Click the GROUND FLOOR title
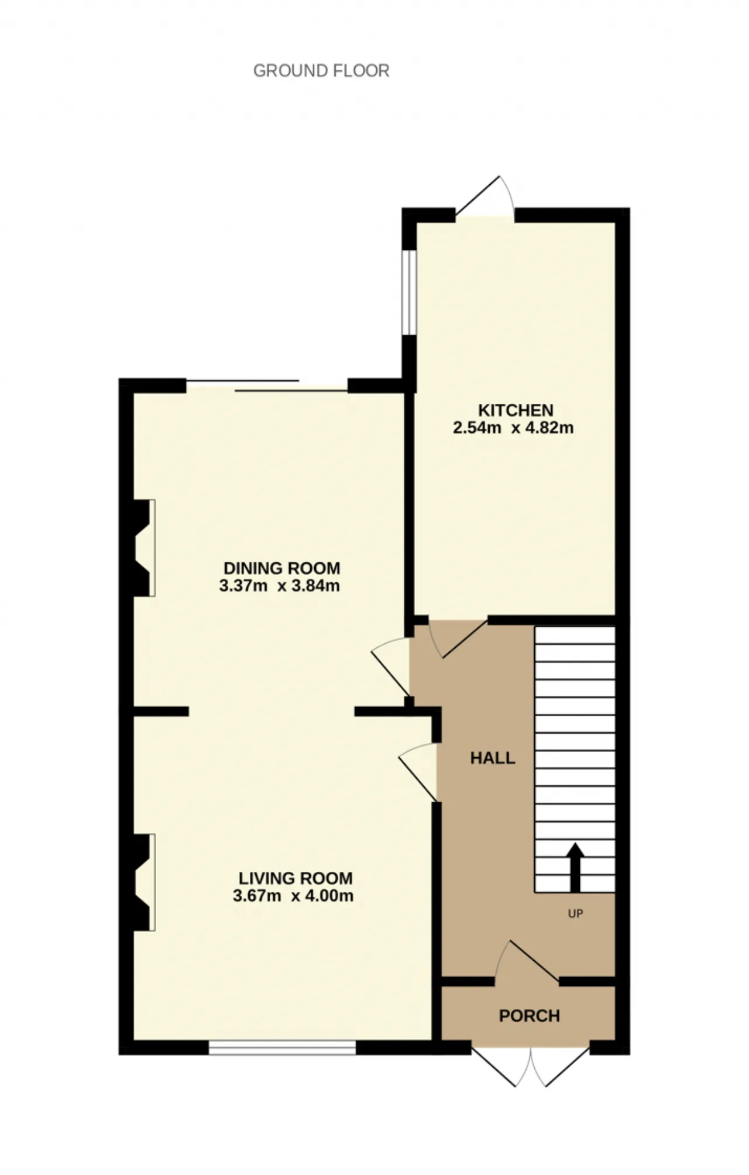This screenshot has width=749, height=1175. pos(321,71)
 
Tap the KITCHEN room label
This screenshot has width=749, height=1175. pos(516,410)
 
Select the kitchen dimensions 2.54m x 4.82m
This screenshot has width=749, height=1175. pos(513,428)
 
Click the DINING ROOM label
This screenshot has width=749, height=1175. pos(281,568)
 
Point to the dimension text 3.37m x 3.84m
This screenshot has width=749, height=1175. pos(279,586)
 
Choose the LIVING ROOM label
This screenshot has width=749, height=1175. pos(296,878)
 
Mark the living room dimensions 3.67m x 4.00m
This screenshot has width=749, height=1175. pos(293,896)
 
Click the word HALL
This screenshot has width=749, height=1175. pos(493,758)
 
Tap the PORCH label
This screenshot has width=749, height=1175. pos(529,1016)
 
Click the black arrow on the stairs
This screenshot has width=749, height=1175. pos(576,867)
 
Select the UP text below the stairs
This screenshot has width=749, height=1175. pos(576,913)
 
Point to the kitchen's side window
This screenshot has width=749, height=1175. pos(409,293)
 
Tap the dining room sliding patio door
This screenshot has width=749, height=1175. pos(267,386)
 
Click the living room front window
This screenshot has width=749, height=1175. pos(282,1047)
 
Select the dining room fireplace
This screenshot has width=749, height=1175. pos(140,548)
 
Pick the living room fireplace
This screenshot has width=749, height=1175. pos(140,882)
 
